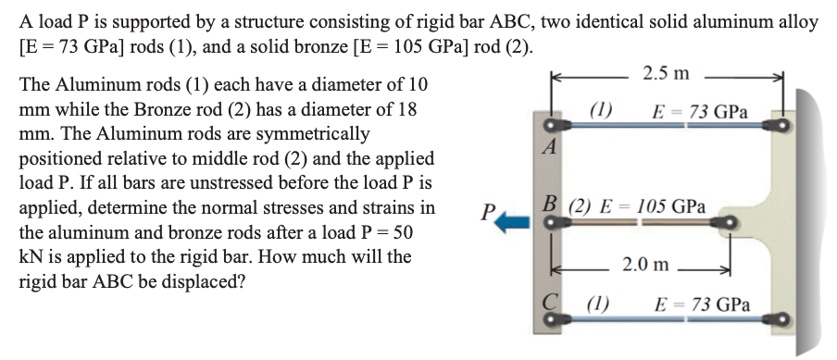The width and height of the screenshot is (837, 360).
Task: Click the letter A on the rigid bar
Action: pos(552,146)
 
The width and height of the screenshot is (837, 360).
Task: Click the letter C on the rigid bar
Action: pos(549,303)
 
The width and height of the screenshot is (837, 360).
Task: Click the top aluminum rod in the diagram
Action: pos(667,123)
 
